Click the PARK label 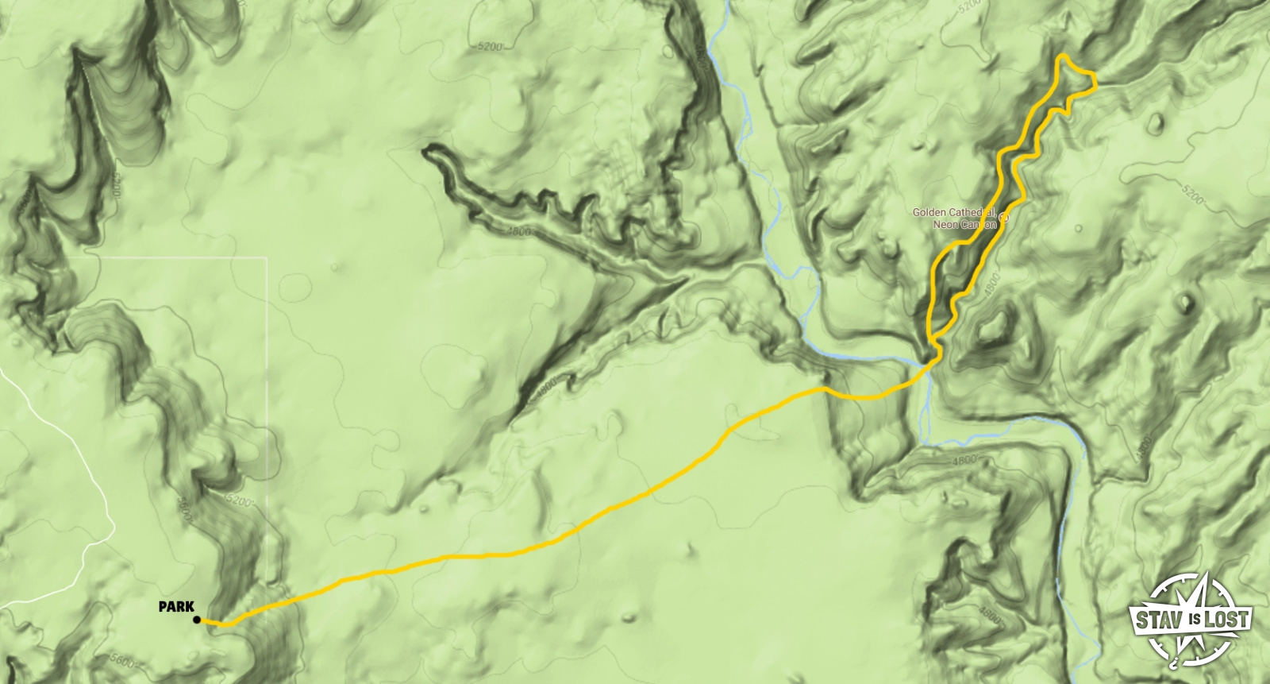(176, 607)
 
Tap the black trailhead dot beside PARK (197, 620)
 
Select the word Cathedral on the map (972, 213)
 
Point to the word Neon (945, 225)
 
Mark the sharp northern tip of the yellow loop (1061, 56)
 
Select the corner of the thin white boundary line (267, 258)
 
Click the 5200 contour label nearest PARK (241, 501)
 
